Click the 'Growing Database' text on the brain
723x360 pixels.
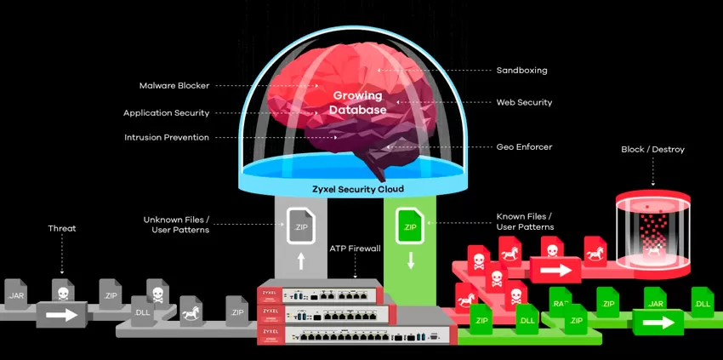(x=359, y=103)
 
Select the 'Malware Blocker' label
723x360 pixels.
(x=174, y=85)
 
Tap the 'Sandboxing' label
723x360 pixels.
(x=521, y=70)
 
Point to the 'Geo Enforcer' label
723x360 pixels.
(x=524, y=146)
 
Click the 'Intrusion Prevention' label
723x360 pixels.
(x=166, y=136)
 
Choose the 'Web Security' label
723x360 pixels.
(x=524, y=102)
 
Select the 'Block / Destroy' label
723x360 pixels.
(x=652, y=150)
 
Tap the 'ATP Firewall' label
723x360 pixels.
(x=355, y=248)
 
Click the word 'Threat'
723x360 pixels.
(x=62, y=228)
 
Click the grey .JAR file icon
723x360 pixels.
(x=17, y=294)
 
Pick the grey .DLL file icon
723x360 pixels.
(x=142, y=312)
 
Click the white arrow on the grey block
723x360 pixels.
(x=60, y=314)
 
